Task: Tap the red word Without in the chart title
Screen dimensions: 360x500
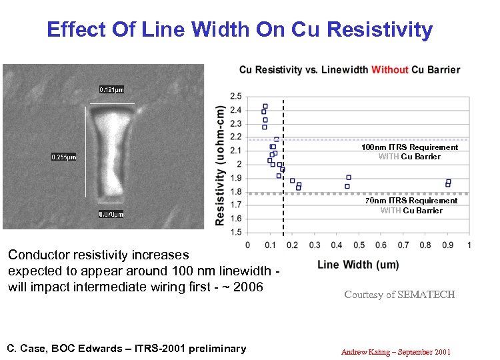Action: pos(390,70)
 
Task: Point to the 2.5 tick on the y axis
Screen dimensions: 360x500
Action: pos(235,96)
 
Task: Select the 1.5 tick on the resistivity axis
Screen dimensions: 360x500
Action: pos(235,233)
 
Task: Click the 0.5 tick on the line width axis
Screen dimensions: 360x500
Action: pos(359,245)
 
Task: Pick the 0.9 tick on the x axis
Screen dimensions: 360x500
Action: pos(447,245)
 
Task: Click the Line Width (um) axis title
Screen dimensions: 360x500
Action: pos(358,265)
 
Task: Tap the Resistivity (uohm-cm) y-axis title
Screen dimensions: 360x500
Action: pos(220,166)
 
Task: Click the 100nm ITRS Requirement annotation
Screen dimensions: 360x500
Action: pos(409,147)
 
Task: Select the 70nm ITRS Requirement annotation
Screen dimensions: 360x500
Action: pos(411,201)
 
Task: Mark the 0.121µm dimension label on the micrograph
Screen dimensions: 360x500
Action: pos(111,90)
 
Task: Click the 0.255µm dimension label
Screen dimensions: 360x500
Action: pos(64,157)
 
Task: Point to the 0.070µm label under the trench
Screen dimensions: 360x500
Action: pos(111,214)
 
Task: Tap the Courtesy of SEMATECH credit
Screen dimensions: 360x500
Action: pos(399,295)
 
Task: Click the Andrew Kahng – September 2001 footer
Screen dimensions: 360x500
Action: pos(395,351)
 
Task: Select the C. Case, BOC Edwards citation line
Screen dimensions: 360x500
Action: pos(126,348)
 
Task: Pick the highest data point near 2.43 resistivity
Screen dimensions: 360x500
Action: pos(265,106)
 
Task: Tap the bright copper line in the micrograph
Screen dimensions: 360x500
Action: pos(111,153)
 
